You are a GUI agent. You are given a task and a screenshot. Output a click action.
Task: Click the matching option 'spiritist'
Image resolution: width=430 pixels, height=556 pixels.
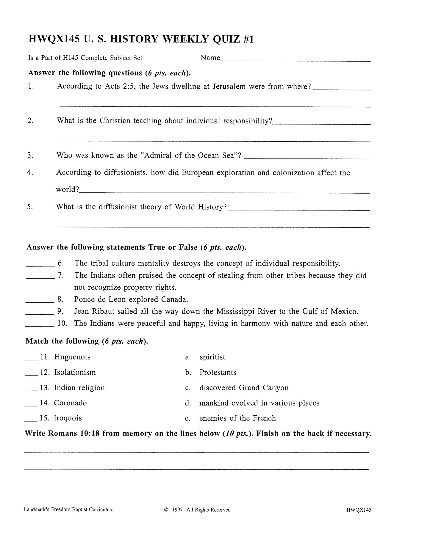point(212,357)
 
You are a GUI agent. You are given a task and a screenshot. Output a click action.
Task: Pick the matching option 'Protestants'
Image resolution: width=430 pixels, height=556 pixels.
point(218,373)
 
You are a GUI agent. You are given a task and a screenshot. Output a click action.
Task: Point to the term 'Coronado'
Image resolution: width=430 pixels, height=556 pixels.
point(70,403)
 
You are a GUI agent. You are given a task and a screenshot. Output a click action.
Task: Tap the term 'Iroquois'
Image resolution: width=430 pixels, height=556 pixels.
point(68,418)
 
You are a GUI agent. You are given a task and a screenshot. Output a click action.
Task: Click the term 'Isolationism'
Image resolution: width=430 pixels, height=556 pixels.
point(75,373)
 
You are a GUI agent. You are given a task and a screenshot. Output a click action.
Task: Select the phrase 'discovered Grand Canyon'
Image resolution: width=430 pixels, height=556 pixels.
point(244,388)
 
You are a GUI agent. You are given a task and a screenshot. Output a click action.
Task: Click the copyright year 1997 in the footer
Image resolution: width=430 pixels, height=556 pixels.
point(177,510)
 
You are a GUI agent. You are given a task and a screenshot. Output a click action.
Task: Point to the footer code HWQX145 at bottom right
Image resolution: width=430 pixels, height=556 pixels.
point(359,510)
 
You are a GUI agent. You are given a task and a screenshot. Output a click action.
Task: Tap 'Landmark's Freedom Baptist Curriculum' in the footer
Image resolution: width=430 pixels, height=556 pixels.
point(69,510)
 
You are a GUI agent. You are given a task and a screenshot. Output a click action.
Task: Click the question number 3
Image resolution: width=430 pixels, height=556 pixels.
point(30,155)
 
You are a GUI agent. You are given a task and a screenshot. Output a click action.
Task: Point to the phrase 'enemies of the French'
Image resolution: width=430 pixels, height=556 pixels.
point(237,418)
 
